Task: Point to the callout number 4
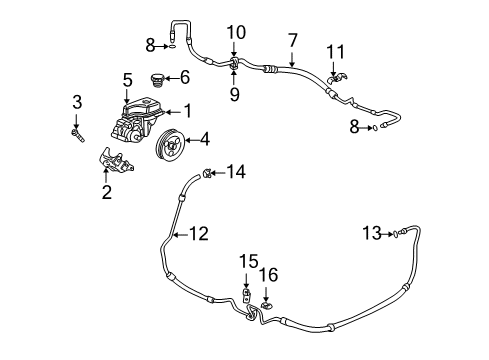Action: coord(204,139)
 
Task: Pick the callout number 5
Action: coord(128,78)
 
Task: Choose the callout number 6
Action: coord(184,77)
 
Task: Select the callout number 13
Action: coord(371,233)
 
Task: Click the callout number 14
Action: coord(235,171)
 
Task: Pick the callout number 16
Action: coord(266,273)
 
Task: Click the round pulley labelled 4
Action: coord(172,151)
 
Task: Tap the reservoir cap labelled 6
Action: coord(155,80)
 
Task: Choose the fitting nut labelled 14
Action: coord(206,174)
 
